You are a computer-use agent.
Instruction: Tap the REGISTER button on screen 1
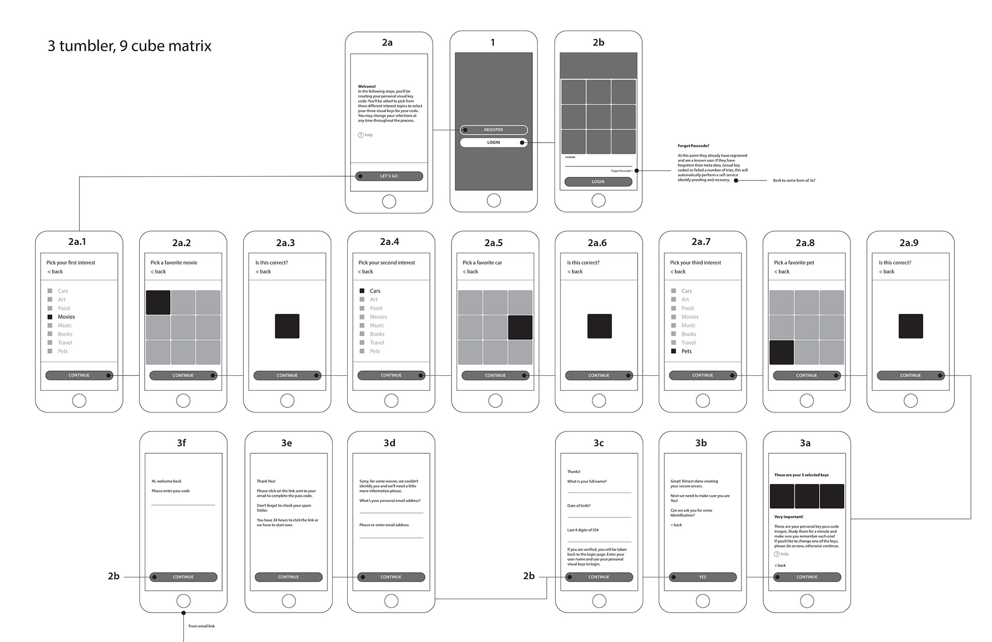coord(493,130)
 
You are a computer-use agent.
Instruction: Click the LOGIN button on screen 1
coord(493,142)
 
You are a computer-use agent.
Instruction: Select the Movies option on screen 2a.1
coord(66,317)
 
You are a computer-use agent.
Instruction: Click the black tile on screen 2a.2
coord(158,302)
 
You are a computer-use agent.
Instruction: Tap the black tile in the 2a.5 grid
coord(520,327)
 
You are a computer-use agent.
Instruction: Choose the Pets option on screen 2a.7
coord(686,351)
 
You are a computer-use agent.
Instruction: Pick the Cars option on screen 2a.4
coord(375,291)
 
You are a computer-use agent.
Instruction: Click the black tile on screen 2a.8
coord(781,352)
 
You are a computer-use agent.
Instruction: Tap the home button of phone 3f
coord(183,601)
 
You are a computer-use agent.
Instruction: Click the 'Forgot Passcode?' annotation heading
coord(693,146)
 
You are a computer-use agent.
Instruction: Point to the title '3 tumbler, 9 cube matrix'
coord(130,46)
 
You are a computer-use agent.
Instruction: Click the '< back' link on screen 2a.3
coord(263,271)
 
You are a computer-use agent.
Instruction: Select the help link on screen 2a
coord(366,135)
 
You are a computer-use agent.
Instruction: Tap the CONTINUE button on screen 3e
coord(288,577)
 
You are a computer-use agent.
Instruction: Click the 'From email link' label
coord(202,626)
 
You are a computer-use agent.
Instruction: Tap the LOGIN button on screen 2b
coord(598,182)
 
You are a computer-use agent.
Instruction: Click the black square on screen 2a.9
coord(910,326)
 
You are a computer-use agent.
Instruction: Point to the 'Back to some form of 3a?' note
coord(794,180)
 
